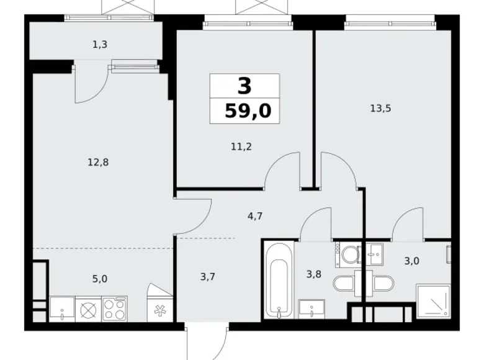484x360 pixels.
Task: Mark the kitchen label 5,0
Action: click(99, 279)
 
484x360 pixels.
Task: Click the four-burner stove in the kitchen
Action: click(114, 308)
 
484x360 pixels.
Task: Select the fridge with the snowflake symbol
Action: click(160, 308)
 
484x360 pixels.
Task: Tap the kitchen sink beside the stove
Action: click(61, 308)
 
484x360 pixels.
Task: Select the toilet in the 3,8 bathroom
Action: click(343, 284)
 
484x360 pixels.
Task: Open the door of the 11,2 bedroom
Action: click(282, 171)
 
